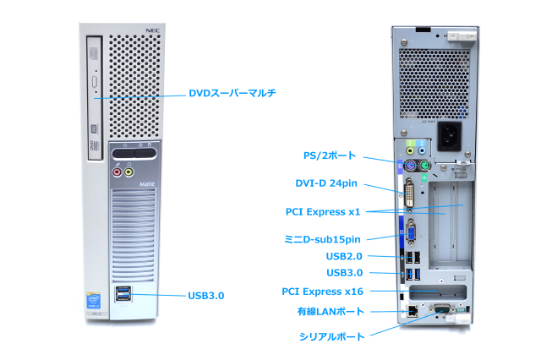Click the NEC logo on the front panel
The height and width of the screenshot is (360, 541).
152,31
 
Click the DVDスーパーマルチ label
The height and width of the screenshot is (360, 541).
232,93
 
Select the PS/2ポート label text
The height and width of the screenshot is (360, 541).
330,156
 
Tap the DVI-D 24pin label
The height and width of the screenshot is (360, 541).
325,183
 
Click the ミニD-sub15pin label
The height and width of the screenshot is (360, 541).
322,239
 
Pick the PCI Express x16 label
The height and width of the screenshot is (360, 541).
322,292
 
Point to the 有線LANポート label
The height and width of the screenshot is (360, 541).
330,312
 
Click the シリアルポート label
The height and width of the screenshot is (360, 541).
332,336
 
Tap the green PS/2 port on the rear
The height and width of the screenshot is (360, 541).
424,165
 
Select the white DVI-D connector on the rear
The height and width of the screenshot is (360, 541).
409,194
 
